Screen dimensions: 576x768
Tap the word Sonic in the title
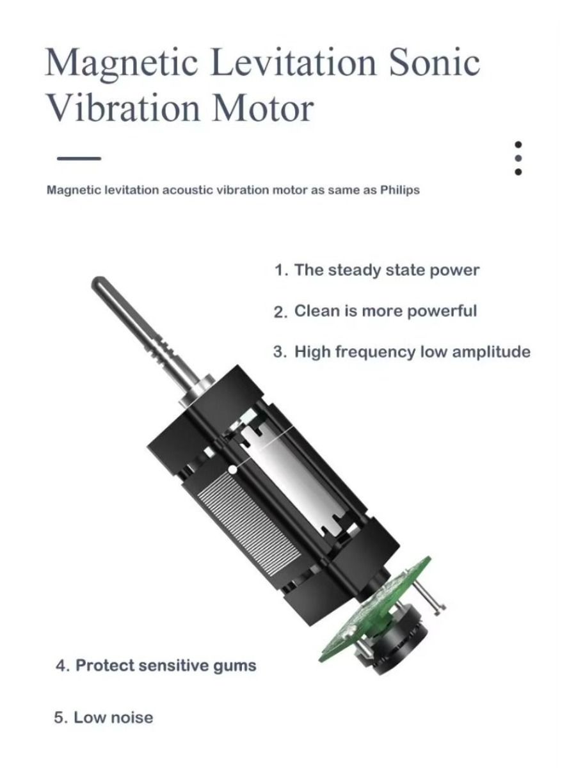(x=435, y=63)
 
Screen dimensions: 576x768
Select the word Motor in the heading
(x=262, y=108)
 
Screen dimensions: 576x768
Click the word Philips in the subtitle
(x=400, y=190)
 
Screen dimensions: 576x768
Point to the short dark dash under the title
(x=79, y=159)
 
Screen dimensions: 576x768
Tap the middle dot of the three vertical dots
(x=518, y=158)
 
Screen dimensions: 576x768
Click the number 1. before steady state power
(x=281, y=270)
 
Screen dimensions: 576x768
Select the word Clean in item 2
(x=317, y=310)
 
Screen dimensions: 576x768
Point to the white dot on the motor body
(x=232, y=470)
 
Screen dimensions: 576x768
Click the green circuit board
(x=374, y=611)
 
